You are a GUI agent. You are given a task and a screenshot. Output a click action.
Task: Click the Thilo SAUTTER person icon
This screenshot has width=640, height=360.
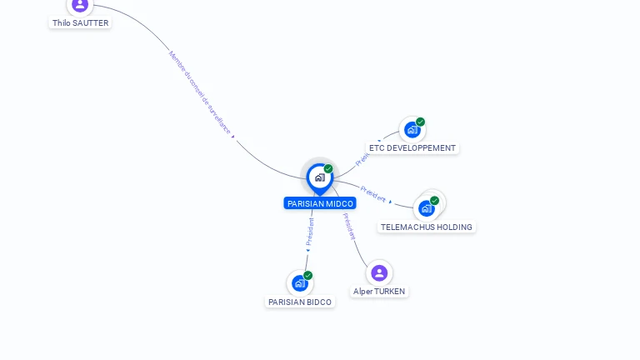coord(80,5)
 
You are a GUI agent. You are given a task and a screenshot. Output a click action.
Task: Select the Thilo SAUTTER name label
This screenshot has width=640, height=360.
coord(80,23)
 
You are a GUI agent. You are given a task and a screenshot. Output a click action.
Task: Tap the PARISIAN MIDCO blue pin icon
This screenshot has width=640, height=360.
coord(319,177)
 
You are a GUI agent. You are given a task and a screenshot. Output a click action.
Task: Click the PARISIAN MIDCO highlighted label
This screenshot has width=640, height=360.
coord(320,203)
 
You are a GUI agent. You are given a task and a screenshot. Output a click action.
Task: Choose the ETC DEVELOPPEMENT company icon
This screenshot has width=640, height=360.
coord(411,130)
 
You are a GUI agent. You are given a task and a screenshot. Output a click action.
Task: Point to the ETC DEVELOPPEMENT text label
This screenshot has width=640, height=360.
coord(412,148)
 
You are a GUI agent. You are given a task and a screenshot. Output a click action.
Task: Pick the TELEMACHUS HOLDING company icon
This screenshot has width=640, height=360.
coord(427,207)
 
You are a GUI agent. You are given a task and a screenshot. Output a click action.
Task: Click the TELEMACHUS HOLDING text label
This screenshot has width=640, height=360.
coord(427,227)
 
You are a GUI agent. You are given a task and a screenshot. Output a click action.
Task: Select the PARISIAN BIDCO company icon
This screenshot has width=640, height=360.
coord(299,283)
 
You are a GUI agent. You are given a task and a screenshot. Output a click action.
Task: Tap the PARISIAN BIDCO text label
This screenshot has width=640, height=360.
coord(300,302)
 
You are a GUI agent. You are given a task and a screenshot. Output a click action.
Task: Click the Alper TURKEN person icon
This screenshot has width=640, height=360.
coord(379,272)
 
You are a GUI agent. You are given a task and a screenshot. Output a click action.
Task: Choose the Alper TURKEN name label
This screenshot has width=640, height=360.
coord(379,292)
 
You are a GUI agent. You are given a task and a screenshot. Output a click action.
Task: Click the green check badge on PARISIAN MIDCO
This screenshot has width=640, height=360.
coord(328,169)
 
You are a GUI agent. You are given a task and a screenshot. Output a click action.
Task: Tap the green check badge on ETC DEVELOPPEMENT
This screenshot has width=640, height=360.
coord(420,122)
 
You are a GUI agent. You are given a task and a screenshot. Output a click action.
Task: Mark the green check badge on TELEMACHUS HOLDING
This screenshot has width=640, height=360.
coord(434,200)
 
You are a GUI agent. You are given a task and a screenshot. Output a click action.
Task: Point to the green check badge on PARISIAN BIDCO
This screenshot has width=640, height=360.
coord(307,275)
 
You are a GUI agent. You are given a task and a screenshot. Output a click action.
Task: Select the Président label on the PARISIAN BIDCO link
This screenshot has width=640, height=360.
coord(310,232)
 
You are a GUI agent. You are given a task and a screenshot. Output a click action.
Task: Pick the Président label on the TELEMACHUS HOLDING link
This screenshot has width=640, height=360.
coord(373,195)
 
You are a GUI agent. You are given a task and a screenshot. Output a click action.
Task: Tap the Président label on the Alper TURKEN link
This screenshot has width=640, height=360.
coord(350,227)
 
